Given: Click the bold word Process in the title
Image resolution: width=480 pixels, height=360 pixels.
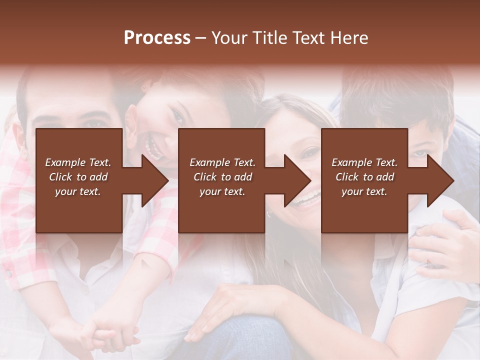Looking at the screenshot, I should tap(157, 38).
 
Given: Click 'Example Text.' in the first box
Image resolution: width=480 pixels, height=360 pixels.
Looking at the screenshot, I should tap(78, 162).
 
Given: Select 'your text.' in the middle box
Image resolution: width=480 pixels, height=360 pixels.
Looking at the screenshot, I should tap(222, 191).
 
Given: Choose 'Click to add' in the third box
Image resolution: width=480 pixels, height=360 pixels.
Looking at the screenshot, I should tap(364, 177).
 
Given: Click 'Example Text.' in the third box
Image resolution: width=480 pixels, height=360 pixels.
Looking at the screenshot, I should tap(364, 162).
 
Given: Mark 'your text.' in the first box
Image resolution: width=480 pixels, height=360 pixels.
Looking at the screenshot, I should tap(78, 191).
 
